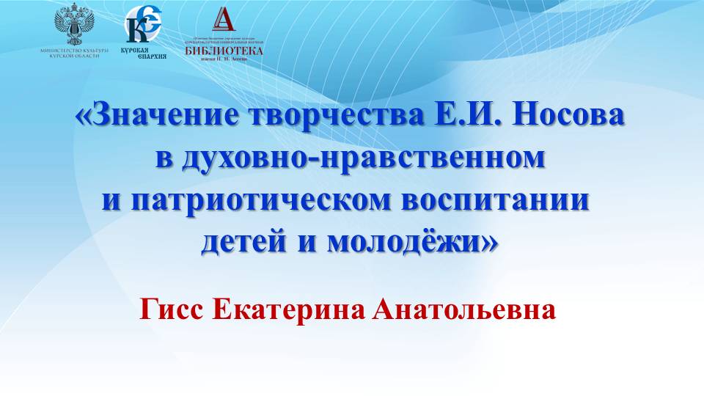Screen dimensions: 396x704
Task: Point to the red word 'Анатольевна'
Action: pyautogui.click(x=464, y=310)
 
